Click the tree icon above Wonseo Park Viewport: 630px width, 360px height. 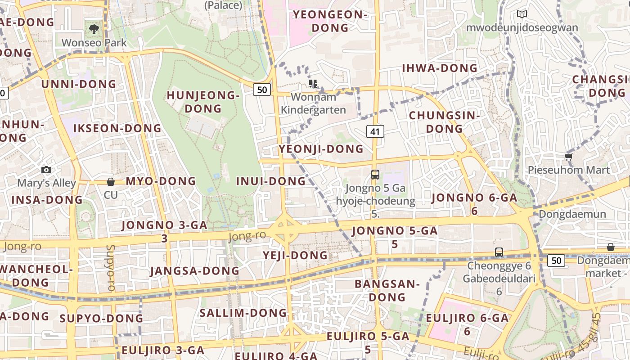click(94, 30)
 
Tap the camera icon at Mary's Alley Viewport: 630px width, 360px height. click(46, 170)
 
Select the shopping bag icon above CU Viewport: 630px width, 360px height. click(111, 182)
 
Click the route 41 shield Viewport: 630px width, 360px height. click(375, 131)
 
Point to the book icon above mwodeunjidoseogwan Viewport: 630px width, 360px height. click(522, 14)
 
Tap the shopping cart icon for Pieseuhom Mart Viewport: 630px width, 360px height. click(568, 157)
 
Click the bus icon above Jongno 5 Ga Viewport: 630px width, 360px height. click(375, 175)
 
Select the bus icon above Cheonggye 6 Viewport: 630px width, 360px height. click(499, 252)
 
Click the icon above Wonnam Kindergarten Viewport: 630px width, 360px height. click(313, 83)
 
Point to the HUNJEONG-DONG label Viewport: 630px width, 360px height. click(203, 102)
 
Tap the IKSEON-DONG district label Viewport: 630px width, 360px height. click(117, 128)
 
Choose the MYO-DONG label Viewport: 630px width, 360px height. click(161, 181)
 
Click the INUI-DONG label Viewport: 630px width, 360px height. click(271, 181)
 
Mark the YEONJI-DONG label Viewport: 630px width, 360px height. click(321, 148)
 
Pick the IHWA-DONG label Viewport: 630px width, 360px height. click(439, 68)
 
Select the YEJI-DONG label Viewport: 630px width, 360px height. click(295, 255)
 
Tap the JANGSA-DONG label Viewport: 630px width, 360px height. click(194, 270)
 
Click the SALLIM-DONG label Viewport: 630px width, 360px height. click(243, 313)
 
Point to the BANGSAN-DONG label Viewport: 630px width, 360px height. click(387, 290)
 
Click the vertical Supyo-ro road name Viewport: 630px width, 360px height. click(111, 268)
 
